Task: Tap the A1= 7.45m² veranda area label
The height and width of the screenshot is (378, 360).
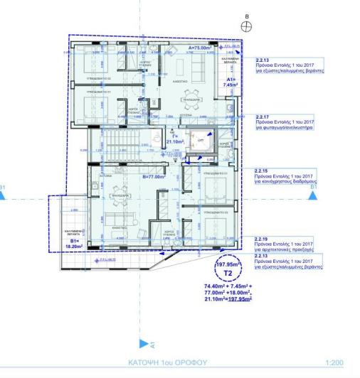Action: [232, 81]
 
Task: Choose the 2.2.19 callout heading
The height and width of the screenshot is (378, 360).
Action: [262, 239]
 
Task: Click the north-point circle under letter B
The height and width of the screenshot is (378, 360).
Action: [246, 26]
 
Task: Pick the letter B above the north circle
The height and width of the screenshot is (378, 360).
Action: [246, 14]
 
